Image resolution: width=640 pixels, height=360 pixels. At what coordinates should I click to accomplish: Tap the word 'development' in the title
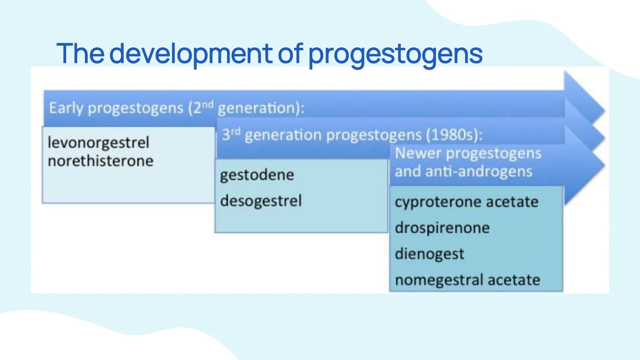(x=191, y=54)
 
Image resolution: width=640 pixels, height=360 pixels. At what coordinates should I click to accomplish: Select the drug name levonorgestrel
(x=99, y=142)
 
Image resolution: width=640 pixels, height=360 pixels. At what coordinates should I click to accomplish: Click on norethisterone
(x=101, y=161)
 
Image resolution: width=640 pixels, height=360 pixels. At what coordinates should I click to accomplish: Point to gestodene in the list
(x=257, y=175)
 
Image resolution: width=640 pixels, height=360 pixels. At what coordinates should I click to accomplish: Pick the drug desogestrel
(x=261, y=200)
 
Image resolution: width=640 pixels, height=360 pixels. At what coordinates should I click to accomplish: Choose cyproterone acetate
(x=467, y=202)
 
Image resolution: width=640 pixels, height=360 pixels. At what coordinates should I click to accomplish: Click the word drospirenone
(x=442, y=228)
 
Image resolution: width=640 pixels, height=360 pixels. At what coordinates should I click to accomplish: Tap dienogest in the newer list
(x=429, y=254)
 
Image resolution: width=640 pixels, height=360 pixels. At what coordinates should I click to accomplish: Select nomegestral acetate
(x=468, y=280)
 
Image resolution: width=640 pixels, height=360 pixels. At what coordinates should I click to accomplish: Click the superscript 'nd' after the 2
(x=208, y=105)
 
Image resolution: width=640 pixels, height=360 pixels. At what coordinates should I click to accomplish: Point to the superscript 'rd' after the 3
(x=236, y=131)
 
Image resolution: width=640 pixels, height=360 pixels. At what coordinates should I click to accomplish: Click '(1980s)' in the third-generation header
(x=454, y=135)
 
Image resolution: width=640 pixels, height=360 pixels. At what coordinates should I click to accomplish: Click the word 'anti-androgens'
(x=479, y=172)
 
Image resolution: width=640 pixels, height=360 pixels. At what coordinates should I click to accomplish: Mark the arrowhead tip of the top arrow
(x=605, y=110)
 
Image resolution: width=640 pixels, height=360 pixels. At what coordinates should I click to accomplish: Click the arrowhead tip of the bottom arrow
(x=605, y=165)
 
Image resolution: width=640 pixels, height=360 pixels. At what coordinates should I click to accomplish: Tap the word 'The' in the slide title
(x=80, y=53)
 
